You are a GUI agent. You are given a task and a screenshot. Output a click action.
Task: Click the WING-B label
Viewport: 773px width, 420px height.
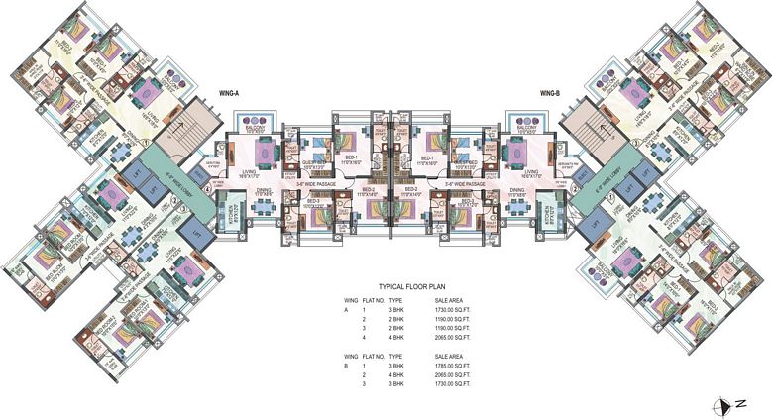[553, 93]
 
